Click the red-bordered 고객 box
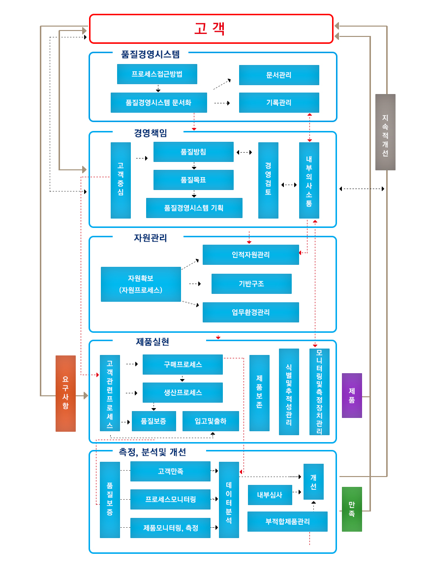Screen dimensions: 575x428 click(x=211, y=29)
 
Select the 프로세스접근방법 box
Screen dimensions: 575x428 click(x=157, y=74)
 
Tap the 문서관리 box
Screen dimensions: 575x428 click(x=279, y=75)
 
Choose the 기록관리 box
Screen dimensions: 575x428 click(x=279, y=102)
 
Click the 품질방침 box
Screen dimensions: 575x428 click(x=193, y=152)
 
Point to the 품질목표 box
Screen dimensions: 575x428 click(x=193, y=180)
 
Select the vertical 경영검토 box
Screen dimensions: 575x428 click(x=268, y=180)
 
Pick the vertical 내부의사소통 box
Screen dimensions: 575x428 click(x=309, y=180)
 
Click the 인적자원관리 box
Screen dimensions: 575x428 click(x=250, y=255)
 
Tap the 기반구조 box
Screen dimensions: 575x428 click(x=251, y=284)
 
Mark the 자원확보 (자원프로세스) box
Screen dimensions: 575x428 click(x=141, y=284)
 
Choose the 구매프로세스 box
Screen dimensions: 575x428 click(x=183, y=364)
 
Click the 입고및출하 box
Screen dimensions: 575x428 click(x=211, y=421)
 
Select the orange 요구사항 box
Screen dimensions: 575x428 click(x=65, y=393)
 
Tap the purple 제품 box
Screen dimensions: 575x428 click(x=352, y=395)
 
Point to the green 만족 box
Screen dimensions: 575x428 click(x=352, y=509)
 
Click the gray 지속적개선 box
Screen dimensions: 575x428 click(x=385, y=132)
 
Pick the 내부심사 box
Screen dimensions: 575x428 click(x=270, y=495)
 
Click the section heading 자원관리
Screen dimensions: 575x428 click(x=151, y=238)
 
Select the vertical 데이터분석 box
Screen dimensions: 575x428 click(x=229, y=500)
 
